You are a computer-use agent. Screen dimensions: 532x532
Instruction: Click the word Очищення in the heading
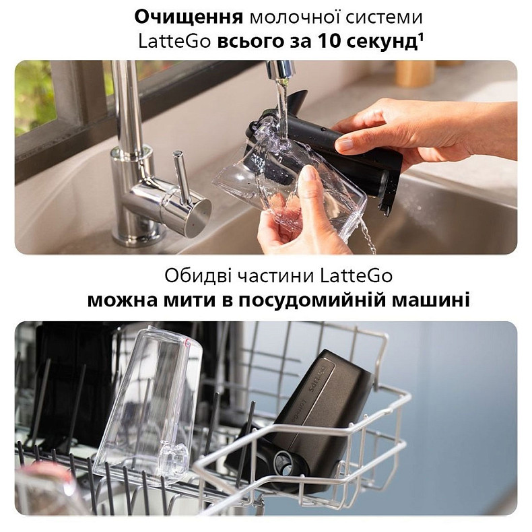189,18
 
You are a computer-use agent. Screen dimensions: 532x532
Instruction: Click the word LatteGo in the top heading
174,42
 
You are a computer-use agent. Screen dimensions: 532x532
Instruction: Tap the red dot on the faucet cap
193,225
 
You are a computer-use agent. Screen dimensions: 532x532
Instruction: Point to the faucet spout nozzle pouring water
280,69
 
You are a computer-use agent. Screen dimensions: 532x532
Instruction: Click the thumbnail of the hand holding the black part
346,144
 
